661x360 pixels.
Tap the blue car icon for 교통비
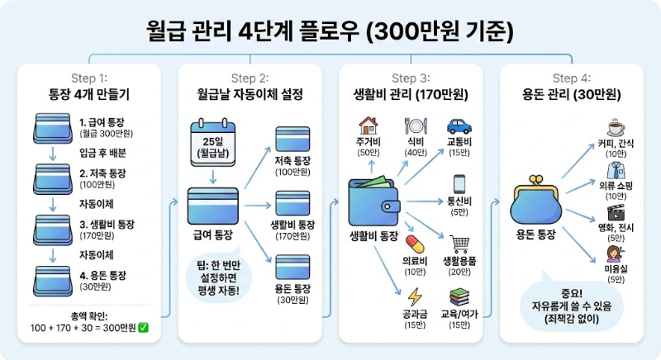point(459,126)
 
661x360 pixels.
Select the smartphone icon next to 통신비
point(460,182)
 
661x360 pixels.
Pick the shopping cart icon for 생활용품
point(459,244)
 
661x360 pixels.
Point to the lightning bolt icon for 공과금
point(414,296)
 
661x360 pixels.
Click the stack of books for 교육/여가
point(459,296)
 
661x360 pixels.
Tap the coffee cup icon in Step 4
point(615,127)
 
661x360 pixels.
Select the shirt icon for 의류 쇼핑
point(615,170)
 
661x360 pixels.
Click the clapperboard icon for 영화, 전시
point(615,213)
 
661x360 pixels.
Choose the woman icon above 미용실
point(615,253)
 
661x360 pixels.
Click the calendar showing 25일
point(213,140)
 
